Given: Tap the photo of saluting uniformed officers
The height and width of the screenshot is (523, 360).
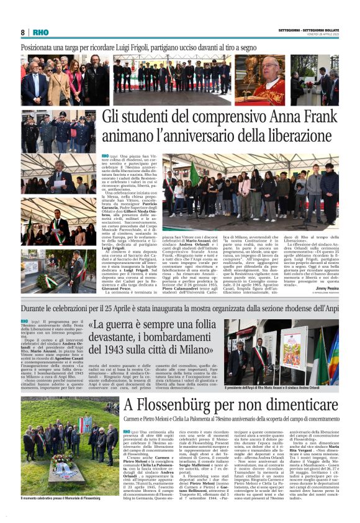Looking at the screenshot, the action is [x=59, y=132].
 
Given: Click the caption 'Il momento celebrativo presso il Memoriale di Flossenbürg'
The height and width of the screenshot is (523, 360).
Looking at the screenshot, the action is [x=61, y=498].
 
